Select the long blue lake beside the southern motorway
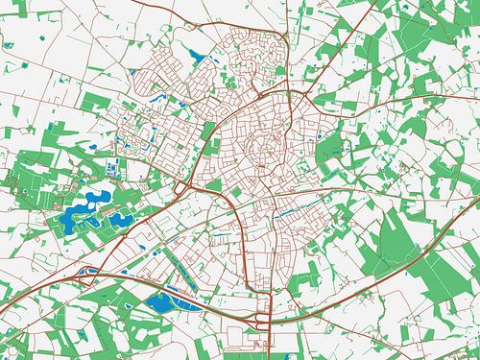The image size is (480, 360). pos(161,305)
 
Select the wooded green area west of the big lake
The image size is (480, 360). pos(29,187)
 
